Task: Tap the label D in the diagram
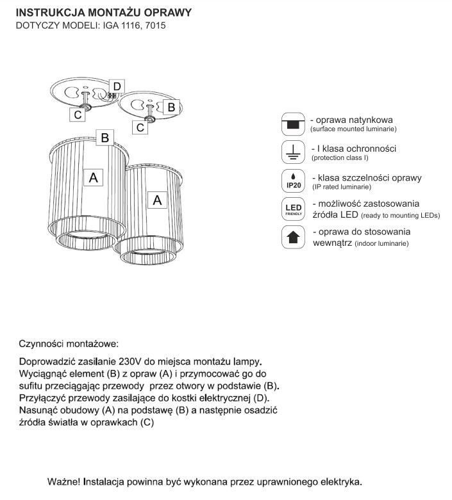coord(117,86)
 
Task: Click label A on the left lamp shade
coord(94,178)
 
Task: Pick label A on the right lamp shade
coord(157,200)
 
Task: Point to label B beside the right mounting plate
coord(171,108)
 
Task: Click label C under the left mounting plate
coord(77,115)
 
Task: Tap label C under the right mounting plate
coord(140,127)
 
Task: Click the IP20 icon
coord(293,181)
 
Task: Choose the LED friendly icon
coord(293,209)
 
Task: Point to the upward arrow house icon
coord(293,238)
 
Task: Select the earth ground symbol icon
coord(293,152)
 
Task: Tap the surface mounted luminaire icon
coord(293,123)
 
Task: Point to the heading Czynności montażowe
coord(69,344)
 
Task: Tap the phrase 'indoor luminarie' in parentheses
coord(379,244)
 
